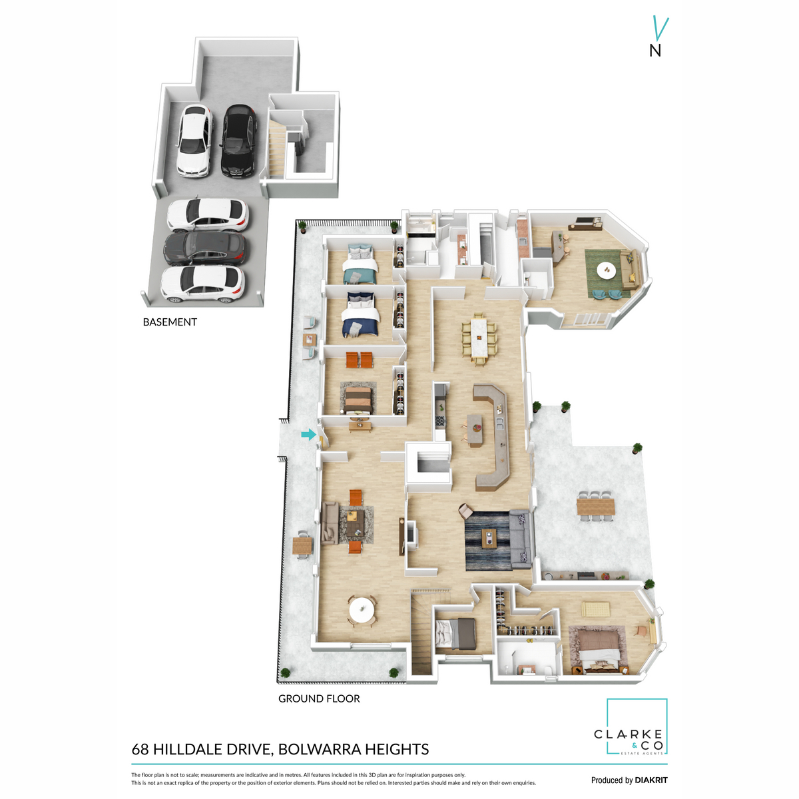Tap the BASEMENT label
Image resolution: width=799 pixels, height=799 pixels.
click(x=170, y=322)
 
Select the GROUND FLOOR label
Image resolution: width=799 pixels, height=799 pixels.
click(x=319, y=698)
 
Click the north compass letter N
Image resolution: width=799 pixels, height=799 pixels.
click(x=655, y=51)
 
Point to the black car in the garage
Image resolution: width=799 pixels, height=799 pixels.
click(x=238, y=141)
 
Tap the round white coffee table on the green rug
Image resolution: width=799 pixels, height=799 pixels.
click(x=607, y=270)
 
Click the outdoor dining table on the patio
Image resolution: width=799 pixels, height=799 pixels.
click(x=596, y=507)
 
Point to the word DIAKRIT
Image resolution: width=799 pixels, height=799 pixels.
click(x=651, y=780)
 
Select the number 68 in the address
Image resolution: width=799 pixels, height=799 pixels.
click(x=140, y=749)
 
